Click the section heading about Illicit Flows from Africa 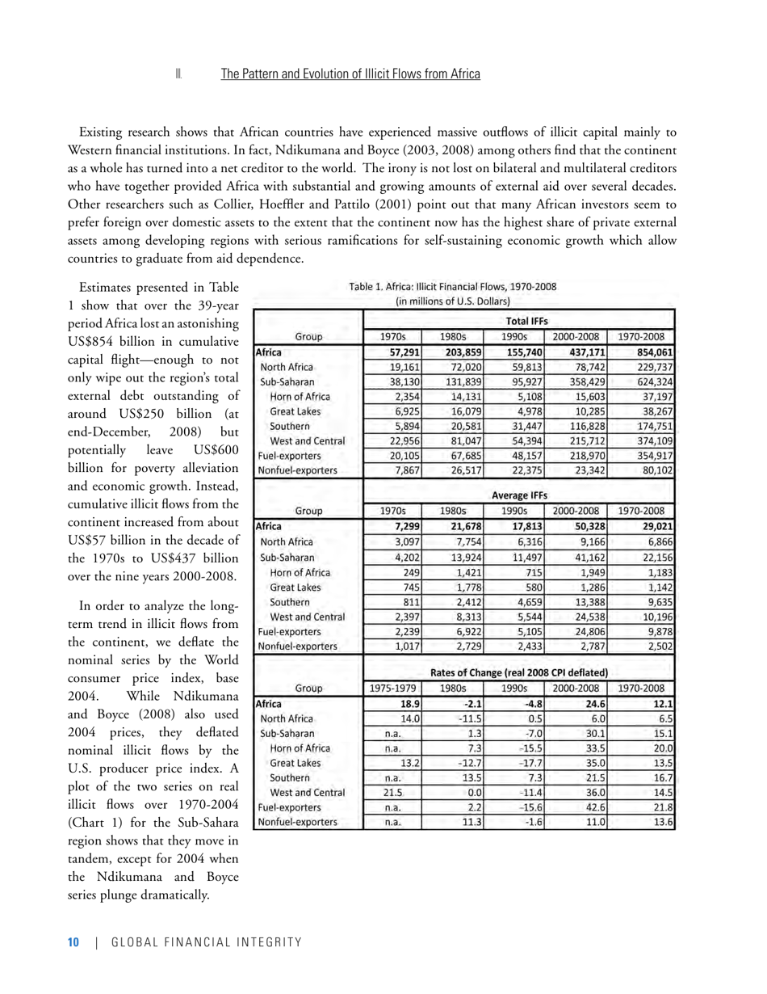(x=350, y=74)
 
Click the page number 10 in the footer (x=73, y=942)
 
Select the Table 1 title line (x=452, y=286)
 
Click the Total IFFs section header (x=521, y=321)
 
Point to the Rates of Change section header (x=519, y=672)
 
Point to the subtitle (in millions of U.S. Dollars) (x=452, y=301)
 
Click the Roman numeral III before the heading (x=178, y=74)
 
